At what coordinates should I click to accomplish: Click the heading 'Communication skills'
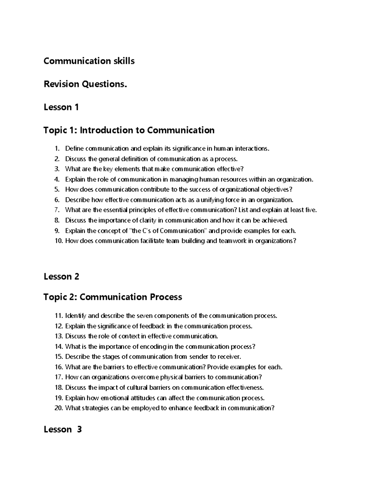point(89,61)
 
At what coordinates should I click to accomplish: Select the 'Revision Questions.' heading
point(85,84)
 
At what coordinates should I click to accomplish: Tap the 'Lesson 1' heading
point(61,107)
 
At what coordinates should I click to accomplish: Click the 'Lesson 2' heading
point(61,276)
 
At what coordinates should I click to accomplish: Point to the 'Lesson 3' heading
point(63,429)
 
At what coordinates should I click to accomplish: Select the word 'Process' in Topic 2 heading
point(166,297)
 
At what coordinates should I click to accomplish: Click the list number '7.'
point(57,210)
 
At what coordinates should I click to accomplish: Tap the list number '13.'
point(59,336)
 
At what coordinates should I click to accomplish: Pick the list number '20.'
point(59,408)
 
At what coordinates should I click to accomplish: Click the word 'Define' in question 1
point(74,149)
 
